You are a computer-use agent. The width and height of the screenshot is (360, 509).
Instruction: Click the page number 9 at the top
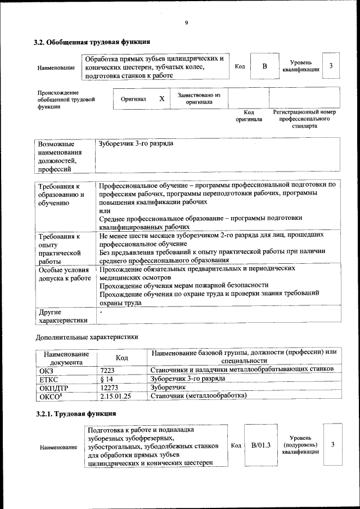pyautogui.click(x=186, y=23)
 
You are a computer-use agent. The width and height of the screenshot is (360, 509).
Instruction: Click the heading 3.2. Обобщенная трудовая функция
pyautogui.click(x=92, y=42)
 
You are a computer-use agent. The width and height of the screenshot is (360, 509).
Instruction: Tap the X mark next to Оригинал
pyautogui.click(x=161, y=98)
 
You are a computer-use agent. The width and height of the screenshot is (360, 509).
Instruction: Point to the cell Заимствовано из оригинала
pyautogui.click(x=199, y=98)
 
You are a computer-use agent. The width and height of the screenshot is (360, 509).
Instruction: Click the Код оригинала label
pyautogui.click(x=249, y=116)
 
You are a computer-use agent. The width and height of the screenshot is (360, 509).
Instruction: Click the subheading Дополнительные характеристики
pyautogui.click(x=87, y=337)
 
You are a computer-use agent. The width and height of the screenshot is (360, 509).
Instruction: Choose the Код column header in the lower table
pyautogui.click(x=121, y=357)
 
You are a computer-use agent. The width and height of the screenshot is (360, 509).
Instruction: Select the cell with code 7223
pyautogui.click(x=107, y=369)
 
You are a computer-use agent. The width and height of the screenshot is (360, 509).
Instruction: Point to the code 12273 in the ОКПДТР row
pyautogui.click(x=110, y=388)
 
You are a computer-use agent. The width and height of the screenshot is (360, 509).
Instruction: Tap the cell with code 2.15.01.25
pyautogui.click(x=115, y=396)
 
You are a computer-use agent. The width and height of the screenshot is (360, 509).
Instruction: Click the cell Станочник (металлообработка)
pyautogui.click(x=199, y=396)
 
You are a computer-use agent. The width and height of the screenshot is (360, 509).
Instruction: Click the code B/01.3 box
pyautogui.click(x=261, y=445)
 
